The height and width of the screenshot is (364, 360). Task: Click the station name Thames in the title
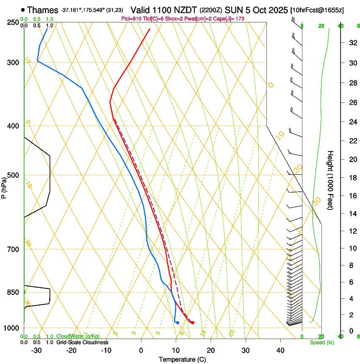coord(42,10)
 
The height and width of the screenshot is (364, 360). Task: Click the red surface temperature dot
coord(193,323)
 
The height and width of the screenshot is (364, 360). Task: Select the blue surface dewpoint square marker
coord(177,323)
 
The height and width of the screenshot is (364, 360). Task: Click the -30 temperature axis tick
coord(36,350)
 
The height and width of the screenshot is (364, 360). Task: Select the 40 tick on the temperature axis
coord(280,350)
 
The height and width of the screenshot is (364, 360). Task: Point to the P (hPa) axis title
coord(4,186)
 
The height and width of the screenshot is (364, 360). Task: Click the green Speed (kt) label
coord(321,342)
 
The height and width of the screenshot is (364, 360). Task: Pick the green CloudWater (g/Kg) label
coord(78,336)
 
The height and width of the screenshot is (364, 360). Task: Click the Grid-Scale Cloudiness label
coord(82,342)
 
